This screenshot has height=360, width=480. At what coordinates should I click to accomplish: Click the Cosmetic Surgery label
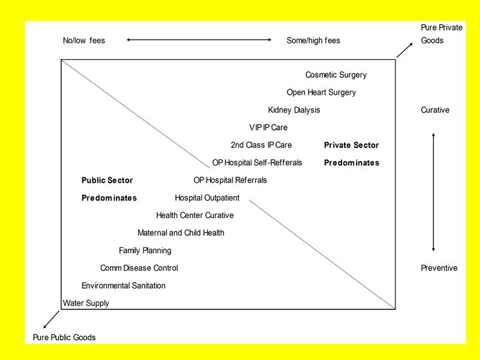[335, 75]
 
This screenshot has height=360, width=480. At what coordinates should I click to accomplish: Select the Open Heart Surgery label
[321, 93]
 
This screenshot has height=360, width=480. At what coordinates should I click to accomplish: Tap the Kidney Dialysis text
[293, 110]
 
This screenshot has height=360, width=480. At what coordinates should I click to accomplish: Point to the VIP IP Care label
[268, 127]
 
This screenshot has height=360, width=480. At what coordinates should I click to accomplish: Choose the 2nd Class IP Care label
[261, 145]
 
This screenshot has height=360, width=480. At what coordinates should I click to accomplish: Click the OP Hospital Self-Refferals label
[257, 163]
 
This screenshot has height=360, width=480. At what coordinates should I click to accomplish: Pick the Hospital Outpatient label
[207, 198]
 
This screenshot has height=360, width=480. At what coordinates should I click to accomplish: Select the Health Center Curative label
[195, 215]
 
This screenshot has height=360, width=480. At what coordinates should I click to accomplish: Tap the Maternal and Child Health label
[181, 233]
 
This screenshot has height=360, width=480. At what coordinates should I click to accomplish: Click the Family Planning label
[145, 251]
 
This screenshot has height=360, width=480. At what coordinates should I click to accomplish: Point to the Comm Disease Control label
[139, 268]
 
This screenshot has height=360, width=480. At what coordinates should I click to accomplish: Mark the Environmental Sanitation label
[123, 285]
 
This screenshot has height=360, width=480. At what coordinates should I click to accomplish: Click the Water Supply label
[86, 303]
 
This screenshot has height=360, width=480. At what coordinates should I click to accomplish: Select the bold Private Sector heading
[351, 145]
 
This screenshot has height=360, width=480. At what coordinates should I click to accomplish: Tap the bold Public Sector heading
[107, 180]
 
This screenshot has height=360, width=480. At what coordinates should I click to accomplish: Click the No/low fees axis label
[84, 41]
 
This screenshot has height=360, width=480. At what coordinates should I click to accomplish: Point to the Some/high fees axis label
[313, 41]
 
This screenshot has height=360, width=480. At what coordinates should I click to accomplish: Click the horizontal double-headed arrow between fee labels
[199, 41]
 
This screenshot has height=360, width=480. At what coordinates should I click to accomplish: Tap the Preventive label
[439, 268]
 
